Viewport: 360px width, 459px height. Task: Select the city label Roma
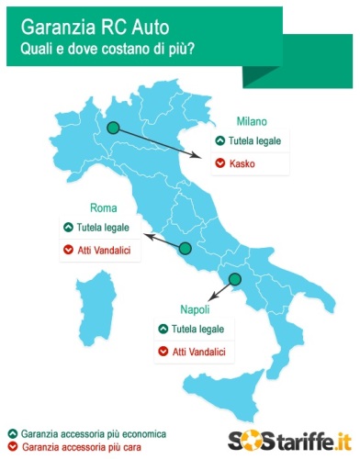(102, 207)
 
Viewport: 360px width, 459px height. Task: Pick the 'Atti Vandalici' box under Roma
(102, 250)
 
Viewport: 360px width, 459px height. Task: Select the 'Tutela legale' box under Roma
(102, 228)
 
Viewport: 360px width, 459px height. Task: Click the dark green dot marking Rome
(185, 248)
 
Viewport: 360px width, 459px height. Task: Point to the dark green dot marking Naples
(234, 279)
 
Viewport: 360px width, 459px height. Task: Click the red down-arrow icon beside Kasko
(219, 164)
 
